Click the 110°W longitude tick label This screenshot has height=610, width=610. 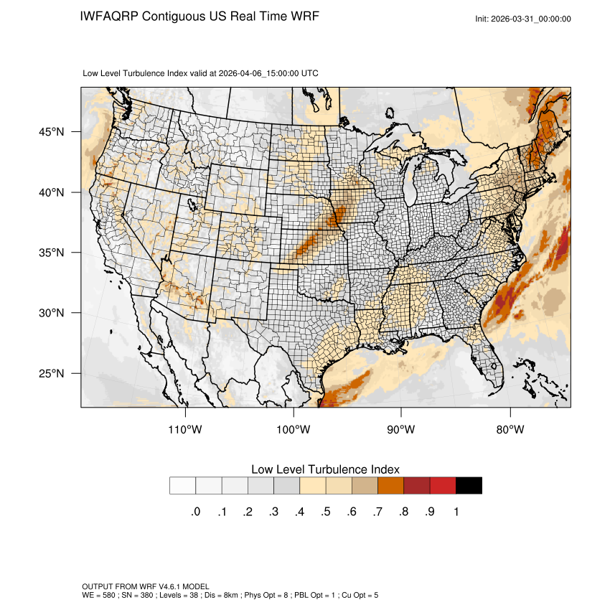(x=186, y=430)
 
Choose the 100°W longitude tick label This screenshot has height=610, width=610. (x=294, y=430)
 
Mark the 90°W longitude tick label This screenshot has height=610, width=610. (x=401, y=430)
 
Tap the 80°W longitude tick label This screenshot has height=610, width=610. (x=510, y=430)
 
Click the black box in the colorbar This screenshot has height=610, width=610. (x=469, y=486)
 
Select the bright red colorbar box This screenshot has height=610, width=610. (x=443, y=486)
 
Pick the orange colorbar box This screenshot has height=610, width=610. (x=391, y=486)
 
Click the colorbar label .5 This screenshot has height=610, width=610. (x=326, y=512)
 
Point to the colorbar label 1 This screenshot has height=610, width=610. (x=456, y=512)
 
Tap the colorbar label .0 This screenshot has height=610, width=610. (x=195, y=512)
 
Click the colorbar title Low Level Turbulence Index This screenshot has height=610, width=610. (x=325, y=469)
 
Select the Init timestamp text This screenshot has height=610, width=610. (x=523, y=19)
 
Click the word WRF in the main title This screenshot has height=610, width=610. (x=304, y=16)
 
